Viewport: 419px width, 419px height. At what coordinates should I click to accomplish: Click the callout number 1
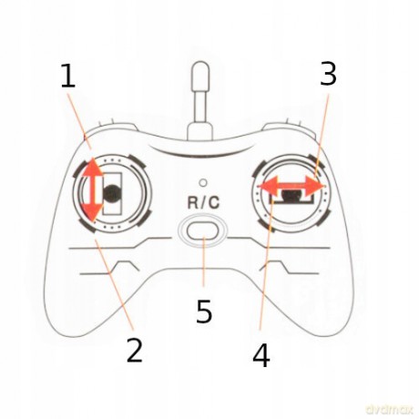coord(68,76)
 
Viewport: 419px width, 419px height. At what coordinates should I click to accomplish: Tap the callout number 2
coord(135,350)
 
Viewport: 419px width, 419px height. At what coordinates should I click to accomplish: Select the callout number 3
coord(329,74)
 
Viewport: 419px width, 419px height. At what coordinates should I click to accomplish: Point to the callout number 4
coord(261,355)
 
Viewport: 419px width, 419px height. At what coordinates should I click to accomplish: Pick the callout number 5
coord(204,312)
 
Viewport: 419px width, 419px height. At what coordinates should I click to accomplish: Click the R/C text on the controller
coord(203,202)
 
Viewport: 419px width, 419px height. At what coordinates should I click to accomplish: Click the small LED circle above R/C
coord(203,182)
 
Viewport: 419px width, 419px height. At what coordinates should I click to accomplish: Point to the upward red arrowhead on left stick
coord(92,167)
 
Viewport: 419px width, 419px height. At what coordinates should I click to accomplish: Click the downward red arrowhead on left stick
coord(92,212)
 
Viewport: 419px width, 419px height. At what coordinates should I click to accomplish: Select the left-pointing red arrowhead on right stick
coord(269,185)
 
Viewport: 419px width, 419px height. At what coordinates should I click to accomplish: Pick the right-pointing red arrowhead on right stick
coord(315,185)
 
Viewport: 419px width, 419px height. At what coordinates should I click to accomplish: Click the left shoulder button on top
coord(111,128)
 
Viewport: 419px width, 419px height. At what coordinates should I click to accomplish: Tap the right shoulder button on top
coord(289,128)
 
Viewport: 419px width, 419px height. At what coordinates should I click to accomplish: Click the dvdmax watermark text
coord(390,410)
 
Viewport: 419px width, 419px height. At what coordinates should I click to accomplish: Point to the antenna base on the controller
coord(200,131)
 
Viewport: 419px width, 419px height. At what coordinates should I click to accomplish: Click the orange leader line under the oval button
coord(204,261)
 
